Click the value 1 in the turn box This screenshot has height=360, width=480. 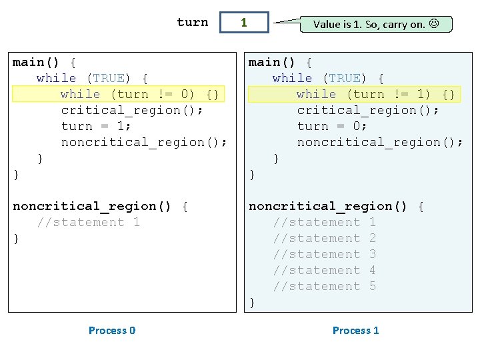[244, 23]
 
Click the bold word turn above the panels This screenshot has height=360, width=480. [193, 22]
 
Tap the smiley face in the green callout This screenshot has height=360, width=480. [434, 23]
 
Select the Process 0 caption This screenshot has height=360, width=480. [112, 330]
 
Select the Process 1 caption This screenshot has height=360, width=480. [356, 330]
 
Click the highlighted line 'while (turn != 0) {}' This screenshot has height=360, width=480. [139, 94]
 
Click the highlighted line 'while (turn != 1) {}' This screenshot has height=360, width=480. [375, 94]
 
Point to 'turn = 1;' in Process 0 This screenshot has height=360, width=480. [96, 126]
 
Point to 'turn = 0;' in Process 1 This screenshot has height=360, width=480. [332, 126]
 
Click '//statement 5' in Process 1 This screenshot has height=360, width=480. [325, 286]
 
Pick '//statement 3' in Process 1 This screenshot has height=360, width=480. [325, 254]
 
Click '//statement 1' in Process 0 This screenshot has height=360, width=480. [89, 222]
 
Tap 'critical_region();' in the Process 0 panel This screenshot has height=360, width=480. [132, 110]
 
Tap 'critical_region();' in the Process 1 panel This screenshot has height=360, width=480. [368, 110]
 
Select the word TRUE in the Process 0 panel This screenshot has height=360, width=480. [109, 79]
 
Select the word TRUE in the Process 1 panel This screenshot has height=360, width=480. [345, 79]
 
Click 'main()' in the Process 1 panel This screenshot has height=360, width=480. [271, 63]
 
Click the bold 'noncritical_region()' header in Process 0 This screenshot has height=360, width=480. [92, 206]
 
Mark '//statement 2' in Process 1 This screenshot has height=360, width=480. [325, 238]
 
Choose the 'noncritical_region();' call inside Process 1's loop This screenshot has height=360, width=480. [380, 142]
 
